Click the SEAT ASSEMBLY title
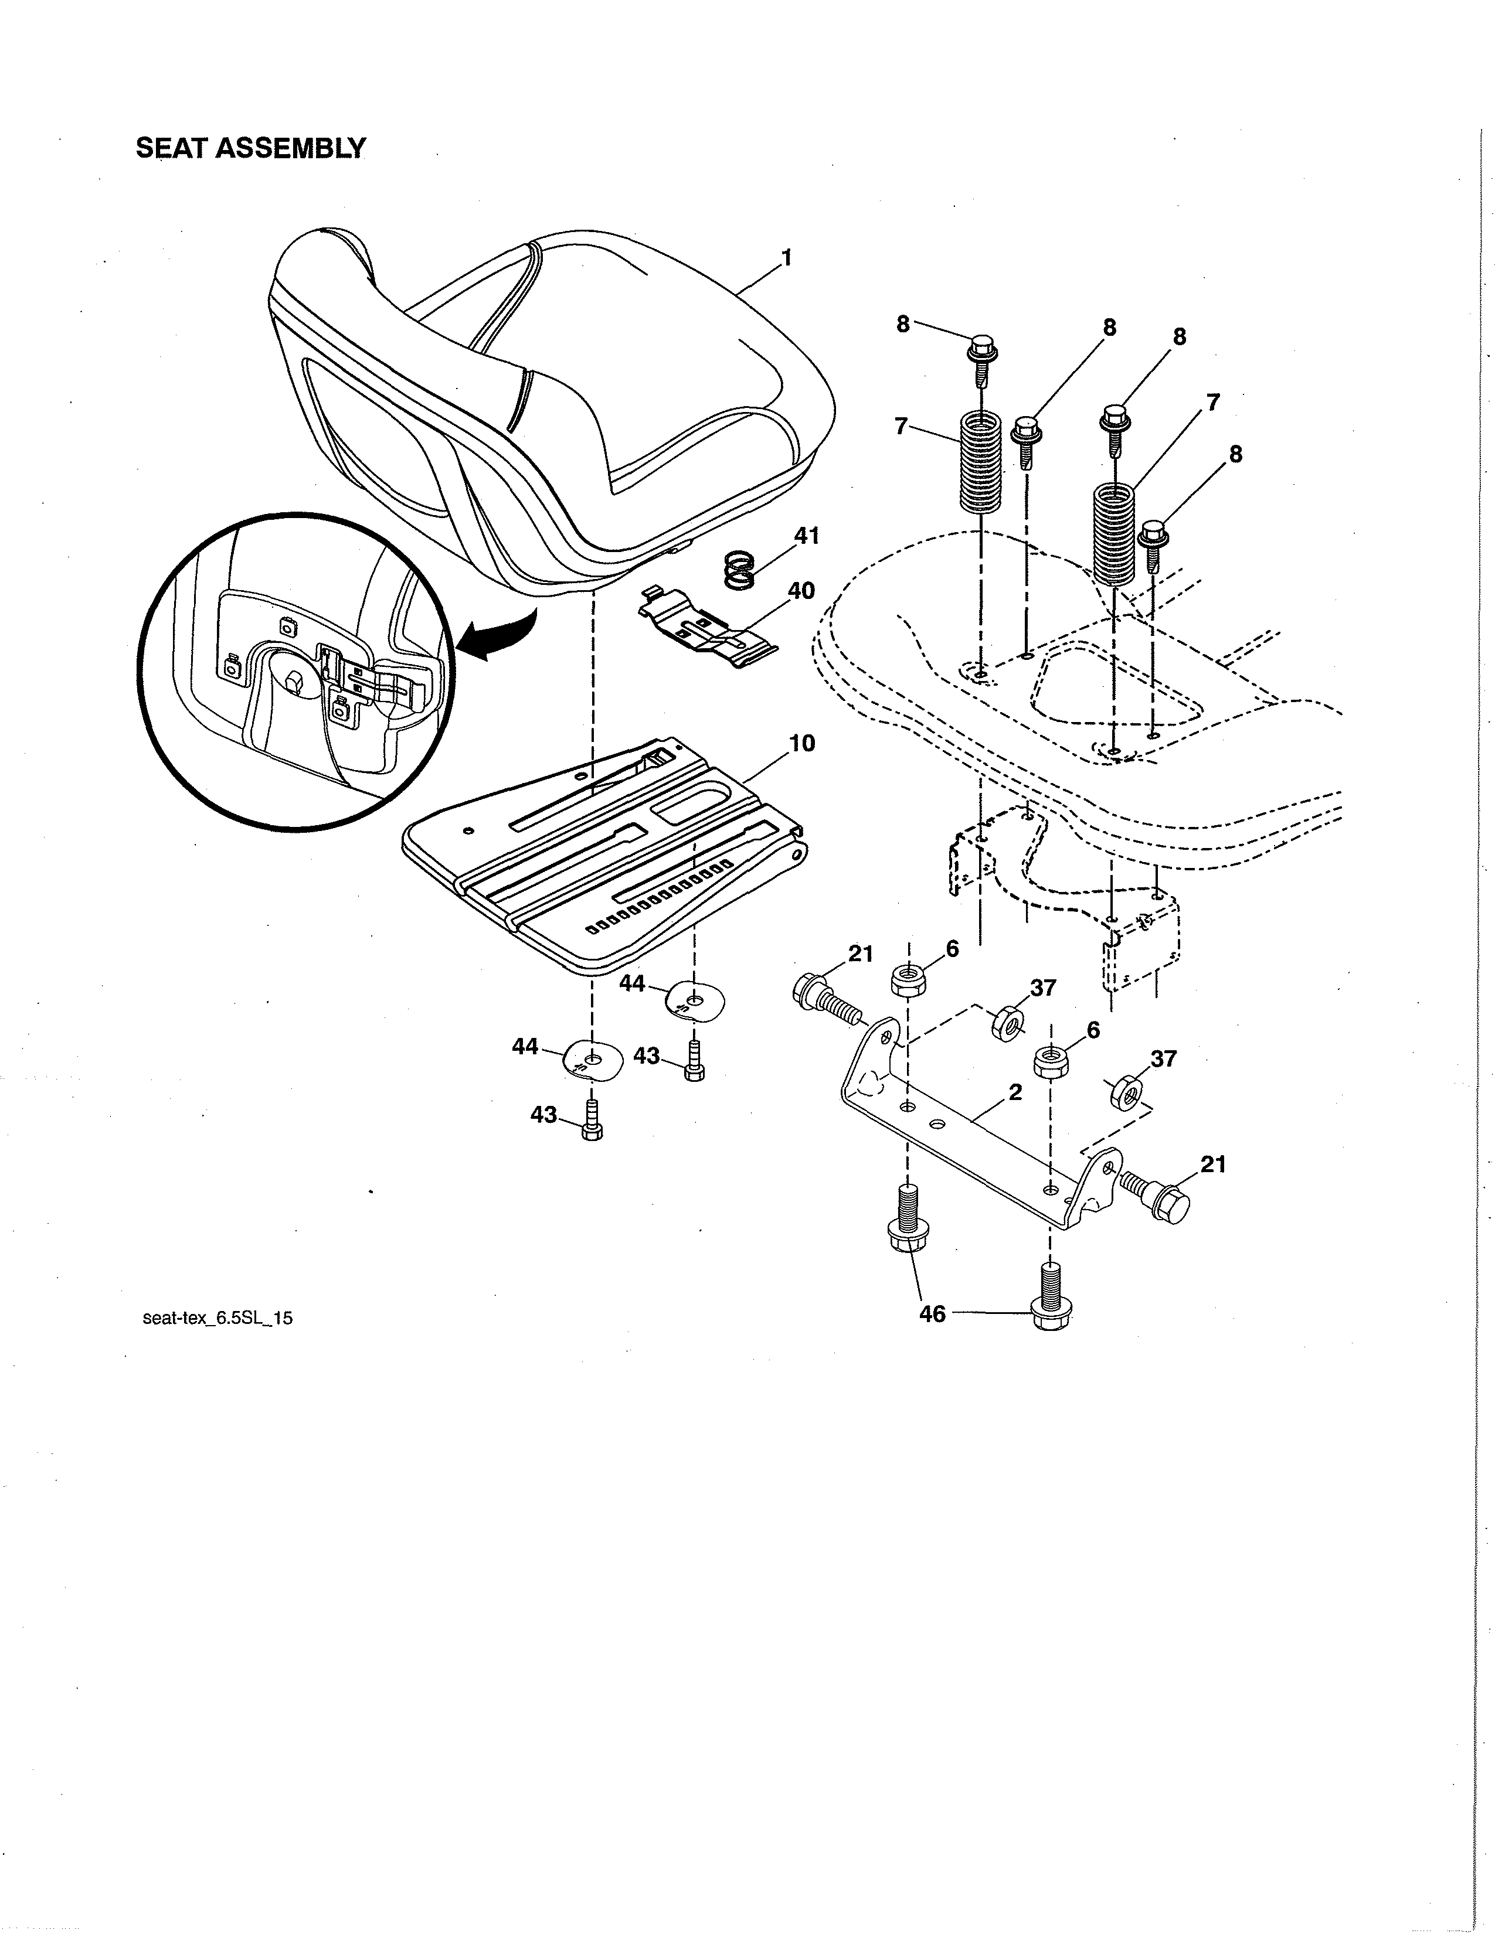(251, 148)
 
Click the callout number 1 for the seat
(786, 258)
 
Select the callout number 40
(801, 591)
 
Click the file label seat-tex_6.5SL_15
(217, 1317)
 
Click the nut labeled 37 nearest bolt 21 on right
(1126, 1092)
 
